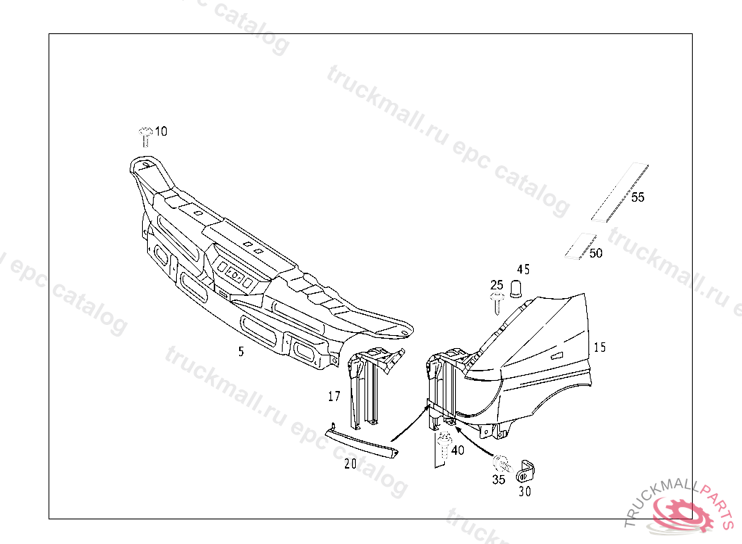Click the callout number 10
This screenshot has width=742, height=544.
click(x=161, y=131)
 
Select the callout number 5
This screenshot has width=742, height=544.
click(x=241, y=352)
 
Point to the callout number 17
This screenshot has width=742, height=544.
click(x=334, y=396)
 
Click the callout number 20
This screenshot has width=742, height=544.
click(x=350, y=464)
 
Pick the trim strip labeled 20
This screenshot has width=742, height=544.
click(x=362, y=442)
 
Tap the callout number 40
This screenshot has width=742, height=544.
click(x=457, y=450)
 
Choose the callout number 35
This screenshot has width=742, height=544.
click(x=499, y=479)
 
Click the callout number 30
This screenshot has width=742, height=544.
click(x=524, y=490)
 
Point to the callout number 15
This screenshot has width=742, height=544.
click(x=599, y=347)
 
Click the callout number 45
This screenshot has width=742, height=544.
click(x=523, y=270)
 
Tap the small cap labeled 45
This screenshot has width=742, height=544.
click(x=516, y=289)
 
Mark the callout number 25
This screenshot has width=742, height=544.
click(x=496, y=284)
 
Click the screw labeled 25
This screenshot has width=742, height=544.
click(x=496, y=302)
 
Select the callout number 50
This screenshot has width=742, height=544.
click(x=596, y=253)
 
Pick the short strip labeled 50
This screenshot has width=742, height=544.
click(x=579, y=246)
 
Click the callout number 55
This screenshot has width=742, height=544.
click(x=638, y=197)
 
